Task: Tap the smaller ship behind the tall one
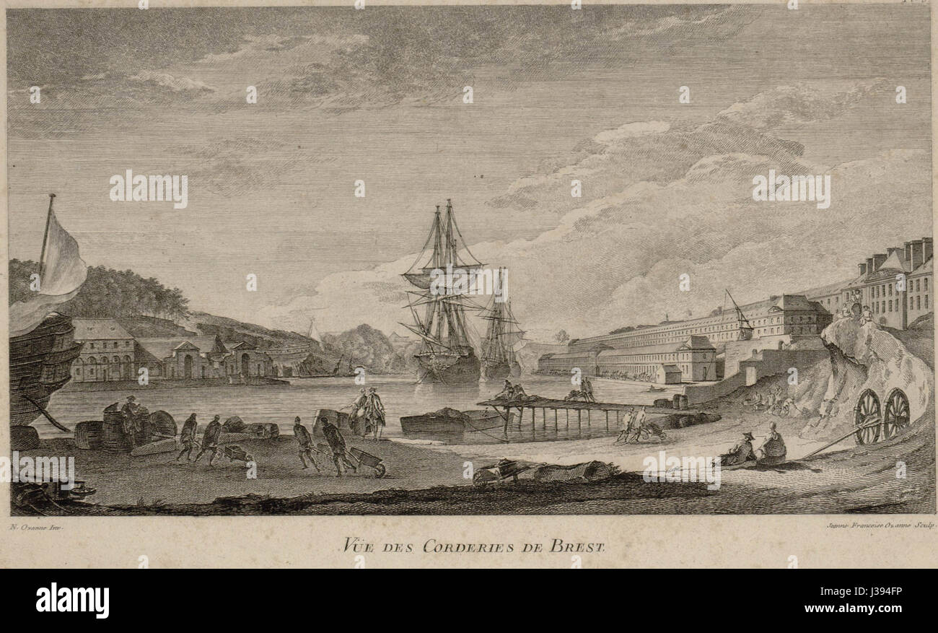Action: (501, 328)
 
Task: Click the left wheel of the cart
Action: (867, 416)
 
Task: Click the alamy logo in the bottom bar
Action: (72, 601)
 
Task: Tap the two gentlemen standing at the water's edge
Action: (368, 411)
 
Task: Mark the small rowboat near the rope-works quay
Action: (657, 388)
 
